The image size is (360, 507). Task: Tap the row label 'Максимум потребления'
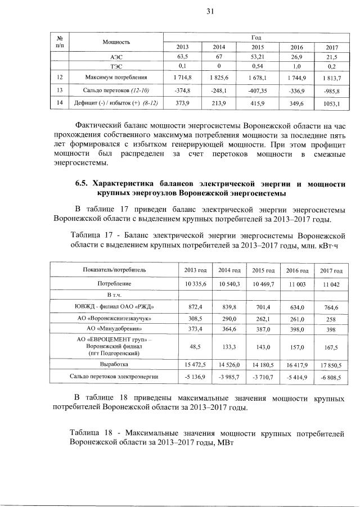coord(116,76)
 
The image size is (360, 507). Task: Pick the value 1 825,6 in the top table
coord(220,76)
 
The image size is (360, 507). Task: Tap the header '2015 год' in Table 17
coord(263,270)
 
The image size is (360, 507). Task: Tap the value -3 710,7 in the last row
coord(263,375)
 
